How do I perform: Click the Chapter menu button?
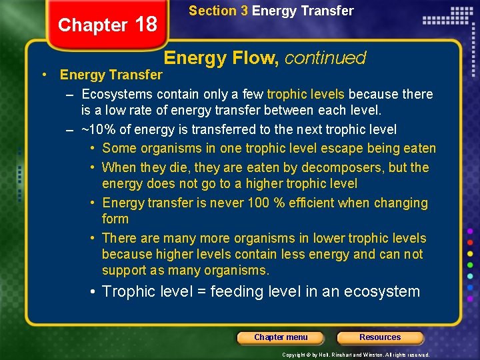click(x=281, y=337)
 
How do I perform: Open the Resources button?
click(x=380, y=337)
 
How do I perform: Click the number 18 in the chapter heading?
click(x=146, y=25)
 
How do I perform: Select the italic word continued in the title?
click(x=325, y=58)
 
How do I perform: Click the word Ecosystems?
click(x=116, y=94)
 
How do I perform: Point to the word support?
click(x=124, y=270)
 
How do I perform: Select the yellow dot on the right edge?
click(x=471, y=254)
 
